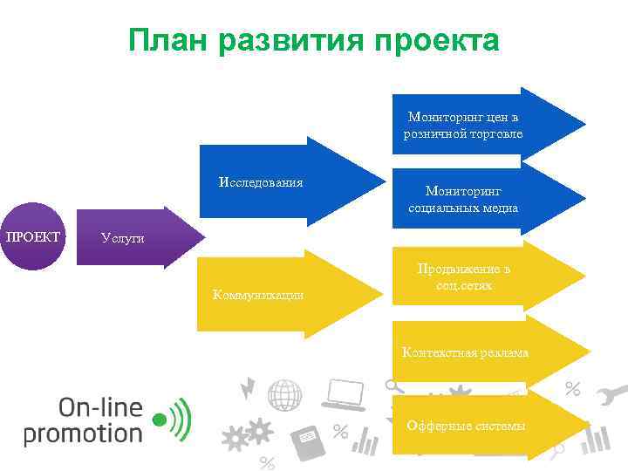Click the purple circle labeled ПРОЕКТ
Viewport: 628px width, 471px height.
click(x=32, y=236)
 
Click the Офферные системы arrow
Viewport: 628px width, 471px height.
click(x=480, y=425)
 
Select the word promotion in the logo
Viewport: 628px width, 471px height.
click(x=83, y=433)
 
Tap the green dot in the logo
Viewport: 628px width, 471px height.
click(x=159, y=420)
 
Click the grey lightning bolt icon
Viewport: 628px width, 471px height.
click(x=249, y=386)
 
